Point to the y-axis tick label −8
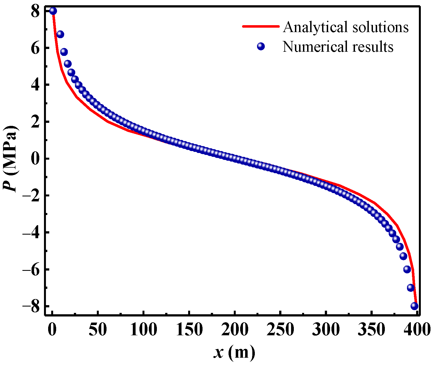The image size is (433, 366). [31, 307]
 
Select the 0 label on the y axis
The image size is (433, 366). [36, 159]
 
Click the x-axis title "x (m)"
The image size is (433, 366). [234, 353]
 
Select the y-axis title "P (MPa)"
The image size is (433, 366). [11, 158]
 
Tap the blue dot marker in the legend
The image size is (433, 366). [261, 46]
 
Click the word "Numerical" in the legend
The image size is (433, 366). [316, 46]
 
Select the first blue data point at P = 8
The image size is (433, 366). [53, 11]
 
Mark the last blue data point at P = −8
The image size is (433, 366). [414, 306]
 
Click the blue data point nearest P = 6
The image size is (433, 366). [64, 52]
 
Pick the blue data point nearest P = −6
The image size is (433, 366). [407, 269]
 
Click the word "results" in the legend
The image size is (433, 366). [373, 46]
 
